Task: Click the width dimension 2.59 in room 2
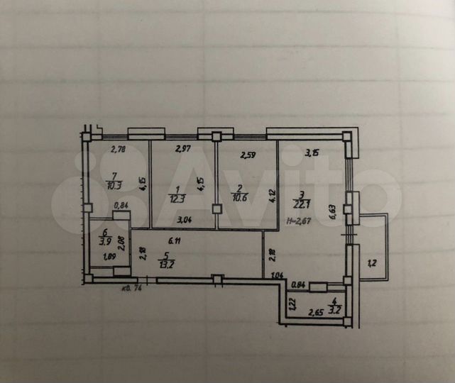pyautogui.click(x=248, y=154)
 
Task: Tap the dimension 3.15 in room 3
pyautogui.click(x=312, y=152)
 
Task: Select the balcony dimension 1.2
pyautogui.click(x=371, y=265)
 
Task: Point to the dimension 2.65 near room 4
pyautogui.click(x=317, y=311)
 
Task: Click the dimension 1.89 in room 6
pyautogui.click(x=109, y=257)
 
